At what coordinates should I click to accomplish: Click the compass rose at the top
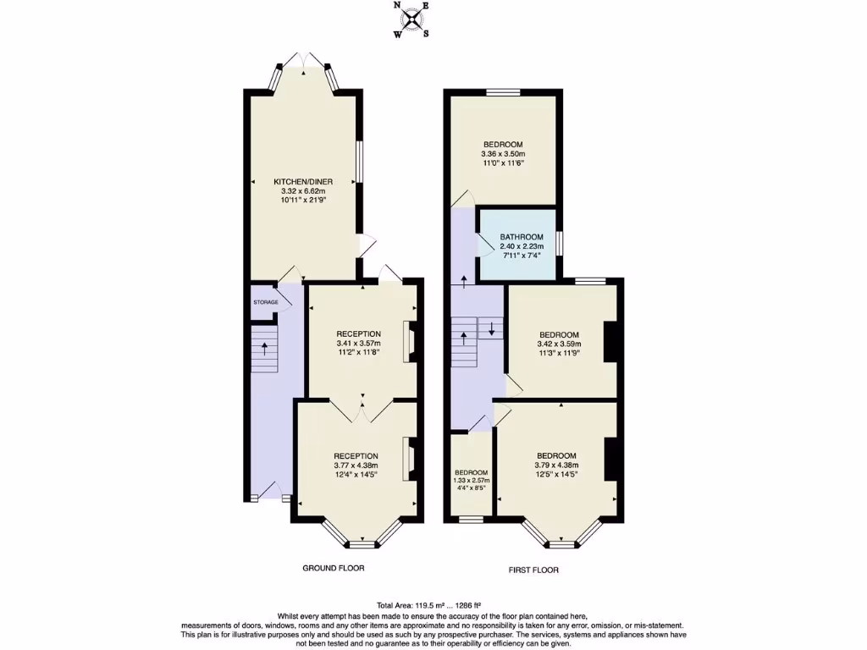412,19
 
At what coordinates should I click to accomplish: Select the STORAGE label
265,302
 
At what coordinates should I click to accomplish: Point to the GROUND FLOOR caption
334,568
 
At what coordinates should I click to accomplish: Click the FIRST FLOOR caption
533,570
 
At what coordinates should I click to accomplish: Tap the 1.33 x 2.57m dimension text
471,481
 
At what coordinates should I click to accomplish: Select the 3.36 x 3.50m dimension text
504,154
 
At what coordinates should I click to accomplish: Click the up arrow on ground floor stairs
266,348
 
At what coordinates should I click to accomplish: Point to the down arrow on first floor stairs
490,328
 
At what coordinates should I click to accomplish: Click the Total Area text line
432,606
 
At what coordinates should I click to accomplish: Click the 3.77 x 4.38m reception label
356,465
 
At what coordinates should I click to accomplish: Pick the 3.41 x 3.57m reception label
359,343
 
